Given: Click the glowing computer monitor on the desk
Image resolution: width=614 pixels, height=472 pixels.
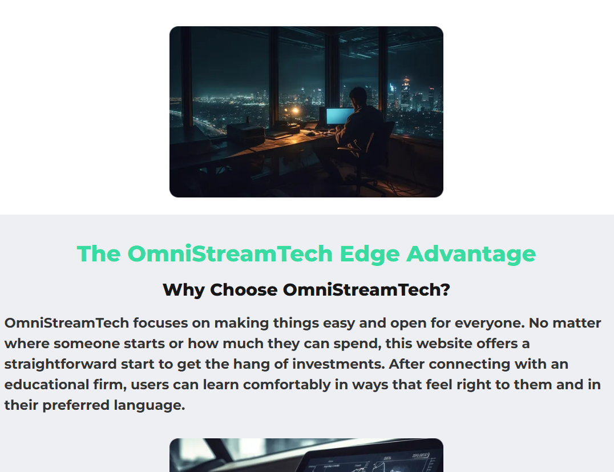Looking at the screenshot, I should coord(340,116).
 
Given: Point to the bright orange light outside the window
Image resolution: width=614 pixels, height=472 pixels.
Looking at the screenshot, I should coord(295,110).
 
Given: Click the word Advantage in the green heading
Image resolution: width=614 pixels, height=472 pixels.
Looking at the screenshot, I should coord(471,254).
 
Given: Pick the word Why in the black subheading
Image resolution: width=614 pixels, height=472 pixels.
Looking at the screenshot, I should coord(183,290).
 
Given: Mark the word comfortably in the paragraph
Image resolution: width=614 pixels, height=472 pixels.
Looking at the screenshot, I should coord(286,385).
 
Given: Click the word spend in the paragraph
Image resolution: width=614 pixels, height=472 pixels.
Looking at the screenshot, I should coord(362,344).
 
